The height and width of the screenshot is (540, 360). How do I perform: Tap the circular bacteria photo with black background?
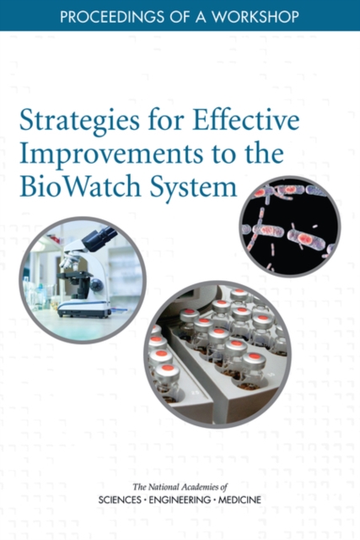(288, 226)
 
